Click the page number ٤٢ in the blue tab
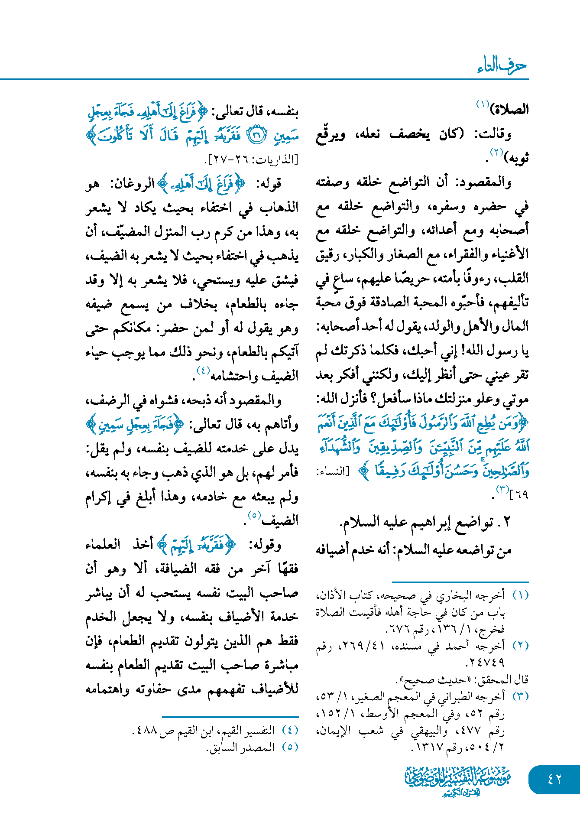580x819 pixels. coord(554,779)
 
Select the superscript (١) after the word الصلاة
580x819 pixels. coord(483,104)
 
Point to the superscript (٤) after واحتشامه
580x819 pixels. coord(203,370)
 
